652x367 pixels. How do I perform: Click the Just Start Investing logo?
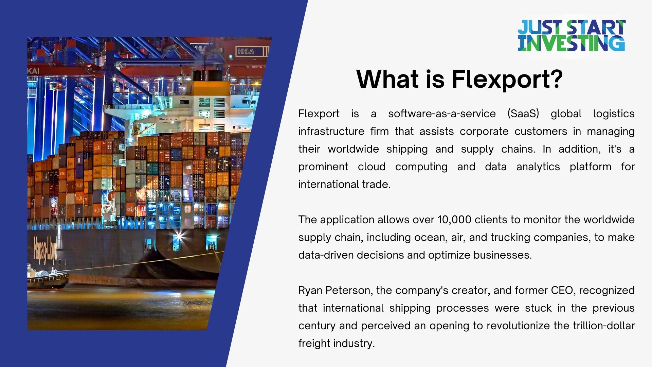(571, 36)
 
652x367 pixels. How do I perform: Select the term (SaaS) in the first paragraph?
(523, 113)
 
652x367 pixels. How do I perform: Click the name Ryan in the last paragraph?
(310, 291)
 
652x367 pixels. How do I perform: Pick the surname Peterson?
(349, 291)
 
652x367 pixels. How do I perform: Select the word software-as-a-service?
(442, 113)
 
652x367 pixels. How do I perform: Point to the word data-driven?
(326, 255)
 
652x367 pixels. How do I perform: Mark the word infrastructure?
(331, 131)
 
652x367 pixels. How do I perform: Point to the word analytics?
(538, 167)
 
